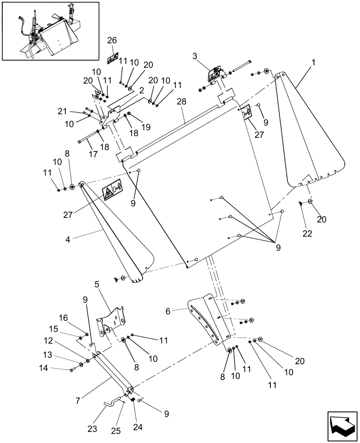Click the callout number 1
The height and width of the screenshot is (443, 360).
[313, 63]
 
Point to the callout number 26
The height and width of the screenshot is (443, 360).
[112, 40]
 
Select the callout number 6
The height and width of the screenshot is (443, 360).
[168, 311]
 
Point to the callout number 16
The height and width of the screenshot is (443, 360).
[63, 318]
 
